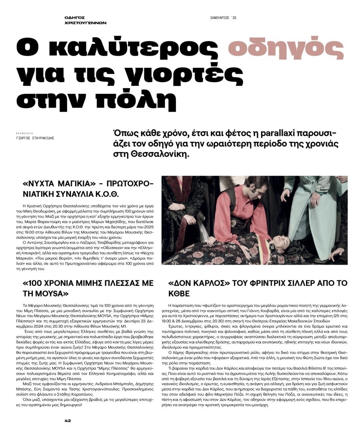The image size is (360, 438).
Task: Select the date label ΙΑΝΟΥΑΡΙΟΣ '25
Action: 223,18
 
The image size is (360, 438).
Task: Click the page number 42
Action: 68,420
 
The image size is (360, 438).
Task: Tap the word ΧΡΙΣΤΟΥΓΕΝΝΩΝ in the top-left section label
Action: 85,23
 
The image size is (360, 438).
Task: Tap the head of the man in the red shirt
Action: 258,188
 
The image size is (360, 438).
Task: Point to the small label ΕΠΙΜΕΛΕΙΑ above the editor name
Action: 23,133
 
